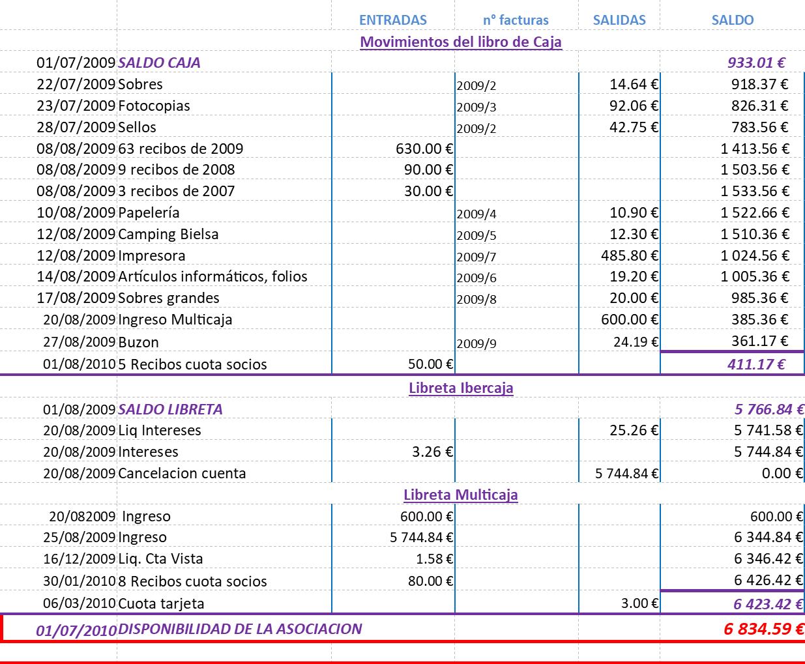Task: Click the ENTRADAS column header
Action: [x=393, y=20]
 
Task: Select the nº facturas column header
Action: [x=516, y=20]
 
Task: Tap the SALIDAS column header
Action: [x=619, y=20]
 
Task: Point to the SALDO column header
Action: [x=733, y=20]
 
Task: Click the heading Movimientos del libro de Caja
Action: [x=460, y=42]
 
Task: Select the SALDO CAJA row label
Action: [x=159, y=63]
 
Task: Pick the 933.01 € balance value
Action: [x=756, y=63]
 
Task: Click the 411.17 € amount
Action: [x=756, y=365]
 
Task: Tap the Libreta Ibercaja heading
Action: [x=461, y=388]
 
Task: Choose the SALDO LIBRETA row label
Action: [x=170, y=410]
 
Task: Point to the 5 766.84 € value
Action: [x=768, y=410]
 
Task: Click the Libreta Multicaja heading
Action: [x=460, y=495]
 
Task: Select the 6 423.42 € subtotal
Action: [x=768, y=605]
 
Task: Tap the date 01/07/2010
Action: [x=76, y=631]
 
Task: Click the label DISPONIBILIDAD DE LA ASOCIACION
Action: [x=240, y=629]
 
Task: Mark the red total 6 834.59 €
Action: [x=763, y=629]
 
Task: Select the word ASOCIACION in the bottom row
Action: [x=319, y=629]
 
